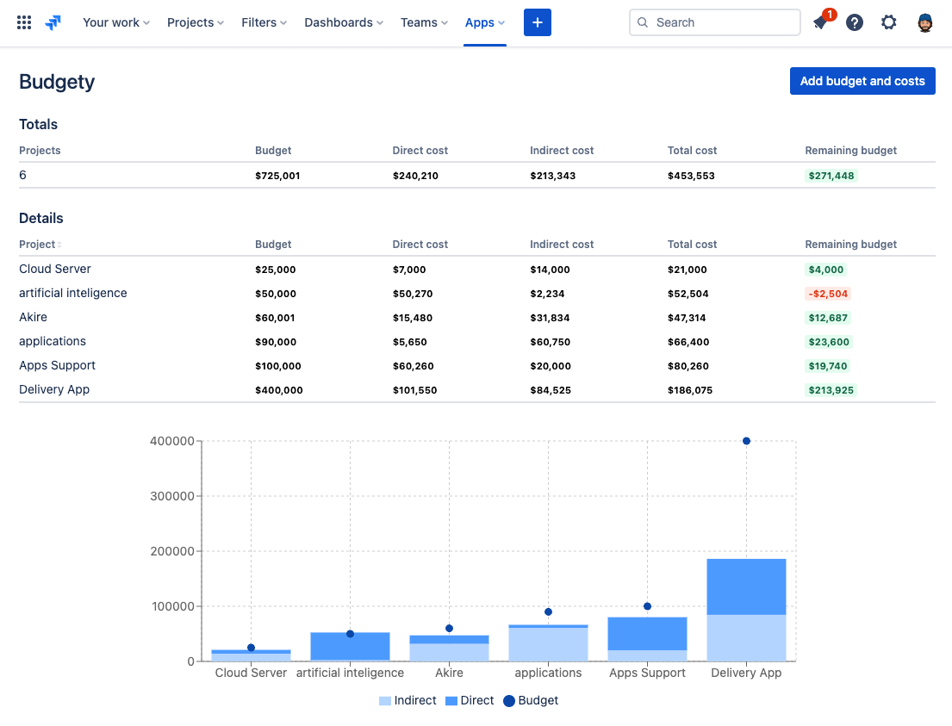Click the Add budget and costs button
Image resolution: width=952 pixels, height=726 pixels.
point(862,81)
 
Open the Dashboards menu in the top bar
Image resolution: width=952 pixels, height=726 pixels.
point(343,22)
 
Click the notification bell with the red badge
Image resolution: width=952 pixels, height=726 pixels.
point(820,23)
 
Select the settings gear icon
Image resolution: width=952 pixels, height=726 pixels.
point(888,22)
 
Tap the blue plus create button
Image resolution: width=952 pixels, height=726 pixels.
point(537,22)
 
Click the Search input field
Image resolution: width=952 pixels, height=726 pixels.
point(715,22)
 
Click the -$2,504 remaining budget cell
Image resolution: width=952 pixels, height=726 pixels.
point(827,294)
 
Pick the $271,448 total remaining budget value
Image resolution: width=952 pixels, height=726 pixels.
point(831,176)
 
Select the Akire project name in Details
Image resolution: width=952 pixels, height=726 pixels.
point(34,317)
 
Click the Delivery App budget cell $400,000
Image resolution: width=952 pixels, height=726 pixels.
point(278,390)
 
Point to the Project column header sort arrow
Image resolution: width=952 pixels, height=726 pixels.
point(59,245)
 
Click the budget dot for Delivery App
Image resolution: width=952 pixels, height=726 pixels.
point(746,441)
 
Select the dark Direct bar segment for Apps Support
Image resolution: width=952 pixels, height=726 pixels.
point(647,633)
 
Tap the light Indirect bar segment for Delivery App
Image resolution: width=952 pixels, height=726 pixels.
point(746,637)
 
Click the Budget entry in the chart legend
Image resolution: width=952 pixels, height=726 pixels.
point(531,700)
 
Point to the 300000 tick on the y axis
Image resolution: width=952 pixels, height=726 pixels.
point(172,496)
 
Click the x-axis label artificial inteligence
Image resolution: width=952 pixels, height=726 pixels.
point(350,673)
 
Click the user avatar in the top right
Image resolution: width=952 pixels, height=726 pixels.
point(925,22)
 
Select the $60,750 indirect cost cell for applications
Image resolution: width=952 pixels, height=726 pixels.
point(550,342)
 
